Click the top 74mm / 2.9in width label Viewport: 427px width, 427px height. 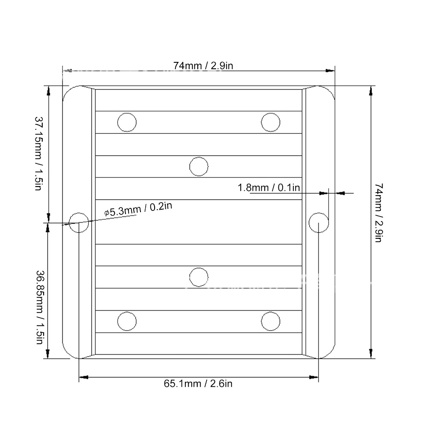click(203, 66)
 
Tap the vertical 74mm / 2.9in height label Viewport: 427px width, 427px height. click(379, 213)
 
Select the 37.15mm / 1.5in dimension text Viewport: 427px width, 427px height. click(39, 154)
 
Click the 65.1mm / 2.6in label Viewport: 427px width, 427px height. click(198, 384)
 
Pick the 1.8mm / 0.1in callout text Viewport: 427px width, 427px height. click(269, 187)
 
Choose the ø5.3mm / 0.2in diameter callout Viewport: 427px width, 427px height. click(138, 209)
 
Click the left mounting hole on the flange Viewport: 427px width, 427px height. click(79, 222)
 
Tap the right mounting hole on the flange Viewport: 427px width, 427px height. click(319, 223)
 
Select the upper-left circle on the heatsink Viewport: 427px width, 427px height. click(127, 122)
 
